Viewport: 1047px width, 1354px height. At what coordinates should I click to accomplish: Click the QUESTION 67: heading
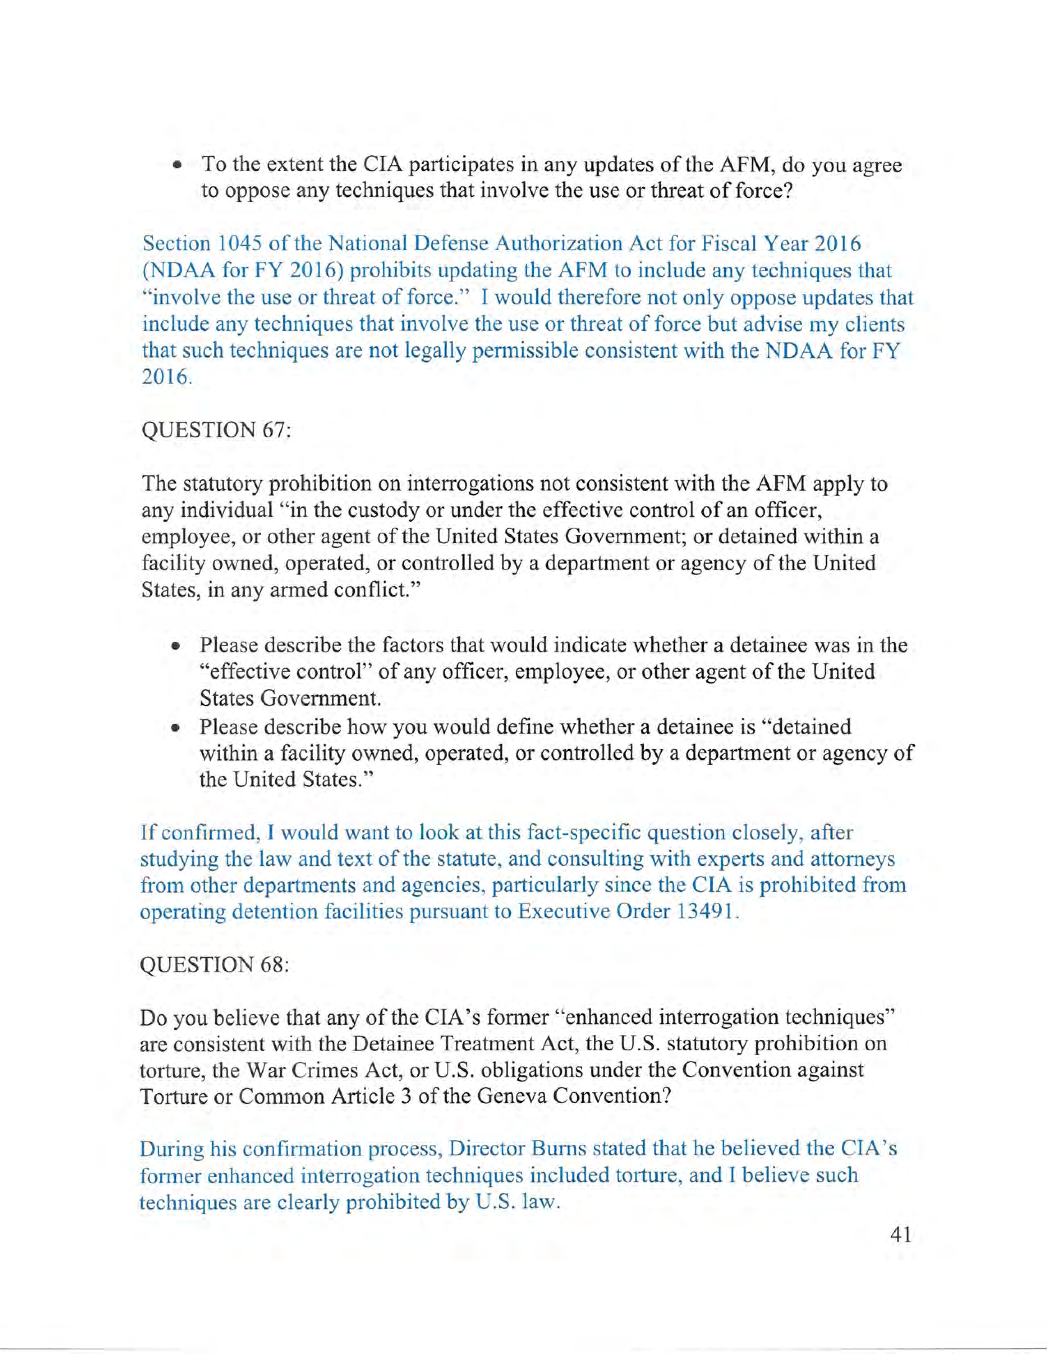pos(216,430)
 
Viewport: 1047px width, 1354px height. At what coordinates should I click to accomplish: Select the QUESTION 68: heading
pos(215,965)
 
